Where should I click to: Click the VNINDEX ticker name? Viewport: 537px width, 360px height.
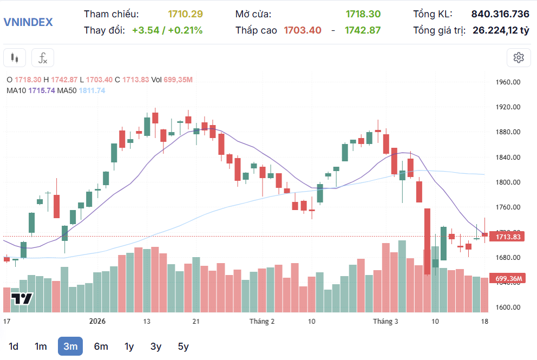pos(28,22)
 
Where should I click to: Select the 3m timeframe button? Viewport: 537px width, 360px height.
pos(70,346)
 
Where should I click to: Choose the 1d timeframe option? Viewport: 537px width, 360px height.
pos(14,346)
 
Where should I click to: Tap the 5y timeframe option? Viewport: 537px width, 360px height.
pos(183,346)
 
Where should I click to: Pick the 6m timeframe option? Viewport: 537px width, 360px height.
pos(101,346)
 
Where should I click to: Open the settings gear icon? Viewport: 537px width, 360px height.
pos(518,57)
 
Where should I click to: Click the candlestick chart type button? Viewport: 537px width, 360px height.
pos(15,57)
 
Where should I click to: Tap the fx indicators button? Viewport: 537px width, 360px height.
pos(42,57)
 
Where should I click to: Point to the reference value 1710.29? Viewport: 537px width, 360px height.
pos(185,14)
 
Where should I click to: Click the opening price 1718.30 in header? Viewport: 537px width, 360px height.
pos(363,14)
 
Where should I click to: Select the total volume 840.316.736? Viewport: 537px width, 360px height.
pos(500,14)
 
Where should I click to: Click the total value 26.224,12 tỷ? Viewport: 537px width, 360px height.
pos(501,30)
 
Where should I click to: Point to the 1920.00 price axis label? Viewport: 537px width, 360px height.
pos(508,107)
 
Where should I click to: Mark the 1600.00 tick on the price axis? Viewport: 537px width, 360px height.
pos(508,307)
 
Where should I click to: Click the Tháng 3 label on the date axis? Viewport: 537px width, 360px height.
pos(385,321)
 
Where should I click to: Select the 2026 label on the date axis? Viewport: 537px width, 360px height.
pos(97,321)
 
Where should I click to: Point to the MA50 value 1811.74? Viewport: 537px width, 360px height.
pos(92,90)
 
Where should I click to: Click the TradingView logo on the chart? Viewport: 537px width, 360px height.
pos(23,298)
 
